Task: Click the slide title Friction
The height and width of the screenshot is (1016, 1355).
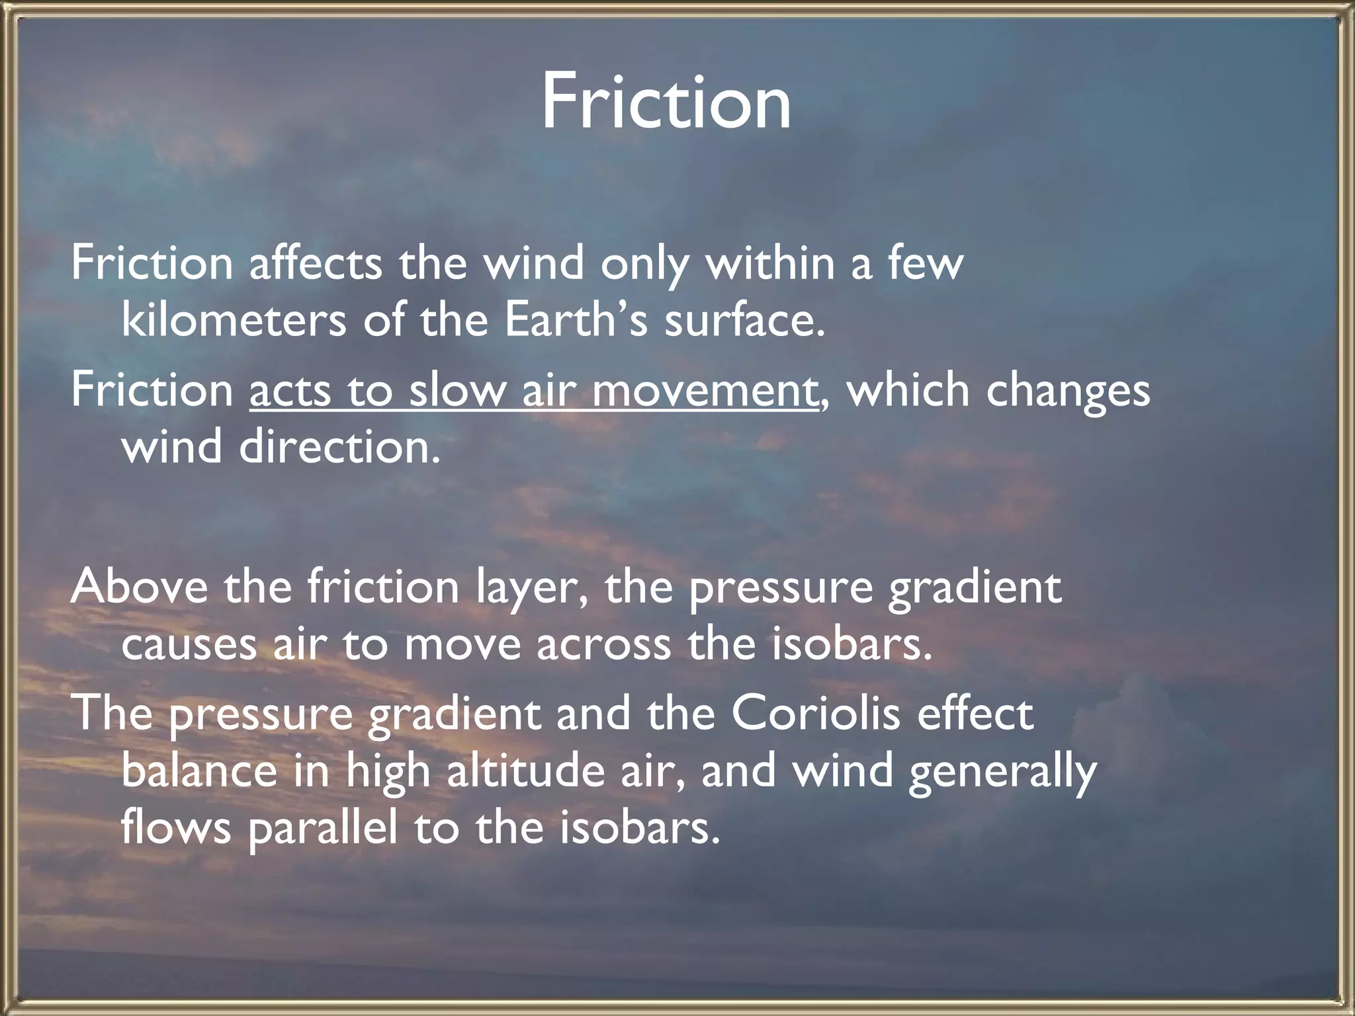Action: pyautogui.click(x=666, y=103)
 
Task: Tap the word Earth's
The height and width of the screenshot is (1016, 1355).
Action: pyautogui.click(x=576, y=321)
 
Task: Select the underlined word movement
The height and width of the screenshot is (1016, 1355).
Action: pyautogui.click(x=704, y=390)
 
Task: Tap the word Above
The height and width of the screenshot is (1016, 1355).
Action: pyautogui.click(x=139, y=587)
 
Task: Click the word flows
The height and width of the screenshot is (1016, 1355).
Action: pyautogui.click(x=176, y=828)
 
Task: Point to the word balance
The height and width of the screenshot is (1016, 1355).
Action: pyautogui.click(x=199, y=771)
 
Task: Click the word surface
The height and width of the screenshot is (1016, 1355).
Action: pyautogui.click(x=745, y=321)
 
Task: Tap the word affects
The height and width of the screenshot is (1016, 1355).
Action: pyautogui.click(x=316, y=263)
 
